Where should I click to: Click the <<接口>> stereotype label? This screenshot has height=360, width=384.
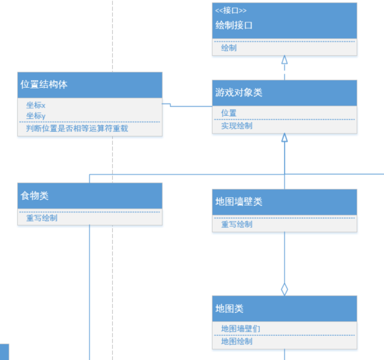(x=231, y=11)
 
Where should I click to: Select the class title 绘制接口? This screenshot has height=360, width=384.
(x=234, y=25)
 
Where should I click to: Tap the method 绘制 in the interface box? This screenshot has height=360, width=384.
(x=229, y=48)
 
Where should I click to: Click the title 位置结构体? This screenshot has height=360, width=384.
(x=44, y=85)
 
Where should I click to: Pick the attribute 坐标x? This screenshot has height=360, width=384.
(x=36, y=106)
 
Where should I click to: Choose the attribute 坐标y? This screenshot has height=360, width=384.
(x=36, y=116)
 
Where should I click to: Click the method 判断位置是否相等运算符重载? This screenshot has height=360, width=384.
(x=77, y=128)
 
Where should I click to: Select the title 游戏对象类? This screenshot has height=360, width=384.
(x=239, y=92)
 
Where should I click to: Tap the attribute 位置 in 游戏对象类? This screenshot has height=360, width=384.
(x=229, y=113)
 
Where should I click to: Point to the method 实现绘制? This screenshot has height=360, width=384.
(x=236, y=126)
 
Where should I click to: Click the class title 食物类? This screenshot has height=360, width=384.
(x=34, y=196)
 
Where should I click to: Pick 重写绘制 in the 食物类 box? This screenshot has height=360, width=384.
(x=42, y=218)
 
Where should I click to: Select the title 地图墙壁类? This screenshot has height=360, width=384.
(x=239, y=202)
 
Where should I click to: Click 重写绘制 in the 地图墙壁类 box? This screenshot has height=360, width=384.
(x=236, y=225)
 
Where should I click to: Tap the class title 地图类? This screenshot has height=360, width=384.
(x=229, y=308)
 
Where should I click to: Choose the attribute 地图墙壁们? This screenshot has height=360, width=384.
(x=241, y=329)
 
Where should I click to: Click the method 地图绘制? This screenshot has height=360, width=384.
(x=236, y=342)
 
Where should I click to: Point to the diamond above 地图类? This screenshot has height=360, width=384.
(x=284, y=289)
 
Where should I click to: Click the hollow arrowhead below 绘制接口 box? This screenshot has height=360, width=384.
(x=284, y=60)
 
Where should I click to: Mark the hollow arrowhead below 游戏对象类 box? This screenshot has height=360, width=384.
(x=284, y=137)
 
